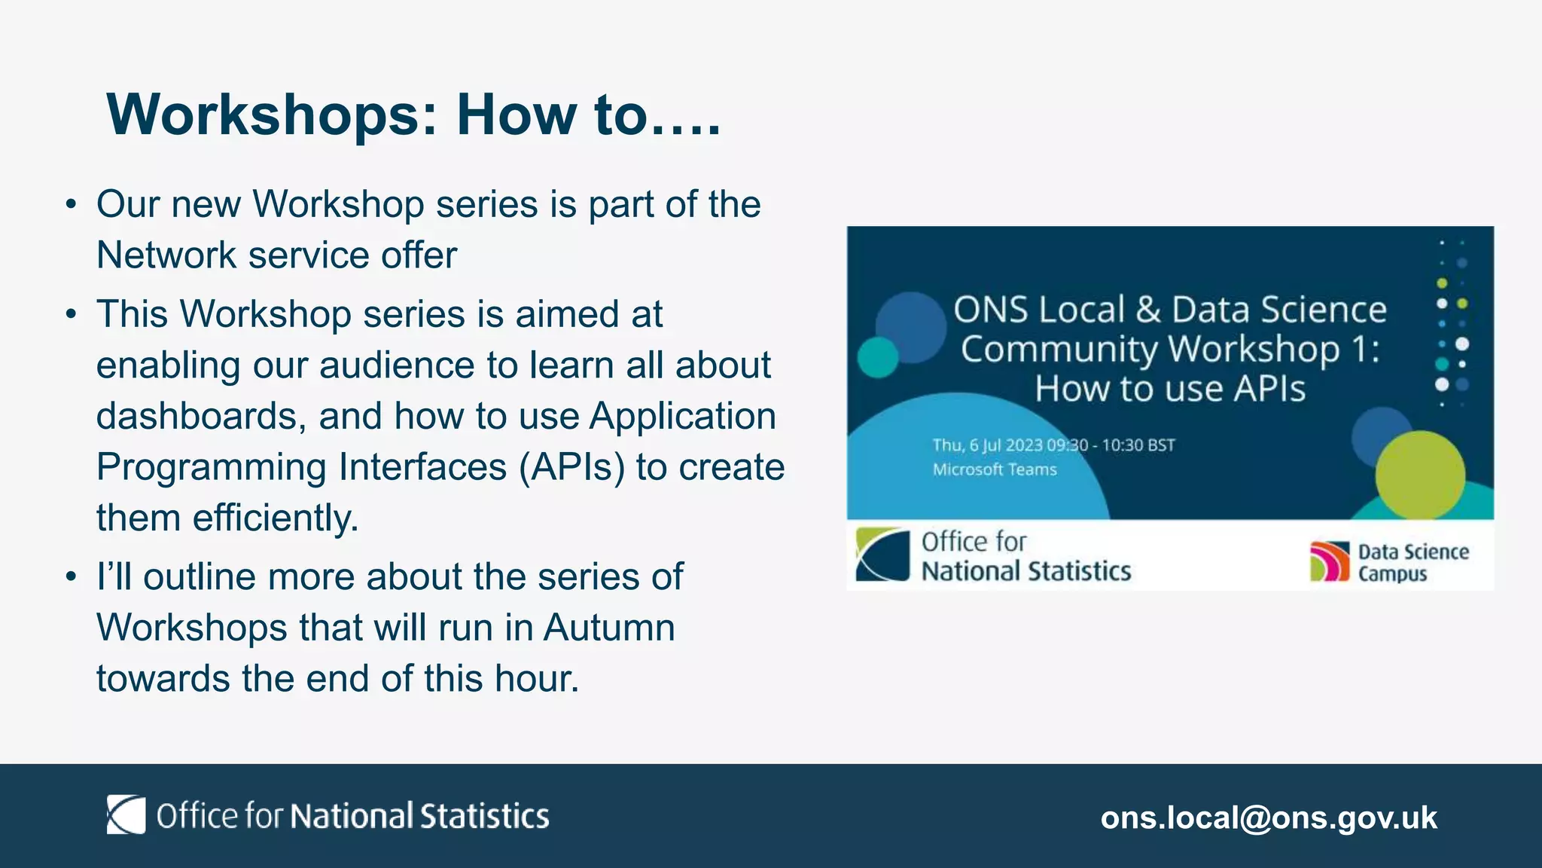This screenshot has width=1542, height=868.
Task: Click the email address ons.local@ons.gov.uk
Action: coord(1269,818)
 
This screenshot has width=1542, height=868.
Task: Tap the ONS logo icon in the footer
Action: coord(126,815)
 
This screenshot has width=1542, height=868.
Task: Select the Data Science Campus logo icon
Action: coord(1329,561)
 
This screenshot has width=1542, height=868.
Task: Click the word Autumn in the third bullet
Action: coord(609,628)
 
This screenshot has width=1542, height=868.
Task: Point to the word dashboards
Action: coord(200,417)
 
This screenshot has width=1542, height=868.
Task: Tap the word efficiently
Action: coord(276,518)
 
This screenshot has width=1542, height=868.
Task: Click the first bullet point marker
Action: coord(71,205)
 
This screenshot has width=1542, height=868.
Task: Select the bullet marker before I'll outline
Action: coord(71,577)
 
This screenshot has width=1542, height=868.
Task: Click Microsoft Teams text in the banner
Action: coord(994,469)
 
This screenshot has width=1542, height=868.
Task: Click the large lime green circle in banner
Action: coord(1420,475)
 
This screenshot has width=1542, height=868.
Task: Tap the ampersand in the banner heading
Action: coord(1148,310)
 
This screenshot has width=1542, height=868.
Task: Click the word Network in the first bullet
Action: coord(166,255)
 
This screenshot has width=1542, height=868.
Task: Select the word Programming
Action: coord(212,467)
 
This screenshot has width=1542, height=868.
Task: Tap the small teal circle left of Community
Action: coord(878,357)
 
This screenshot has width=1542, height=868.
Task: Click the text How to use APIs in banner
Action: coord(1169,390)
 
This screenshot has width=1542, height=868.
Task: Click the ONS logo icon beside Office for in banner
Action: coord(882,555)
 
